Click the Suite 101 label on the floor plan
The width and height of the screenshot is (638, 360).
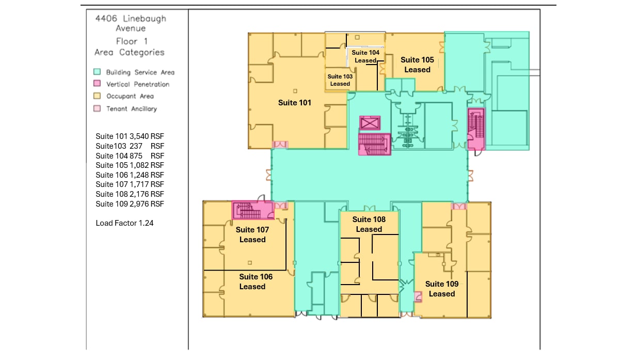click(295, 103)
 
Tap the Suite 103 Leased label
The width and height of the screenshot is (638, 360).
click(340, 80)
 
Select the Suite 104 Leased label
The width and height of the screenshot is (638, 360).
click(365, 56)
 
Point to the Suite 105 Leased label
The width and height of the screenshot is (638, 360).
click(417, 65)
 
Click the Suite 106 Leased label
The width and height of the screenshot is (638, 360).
click(256, 281)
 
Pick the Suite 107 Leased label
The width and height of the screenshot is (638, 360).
click(252, 234)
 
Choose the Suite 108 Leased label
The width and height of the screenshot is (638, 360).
click(369, 224)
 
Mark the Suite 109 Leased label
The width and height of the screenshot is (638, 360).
click(441, 289)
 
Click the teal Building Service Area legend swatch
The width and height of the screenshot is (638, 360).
click(97, 72)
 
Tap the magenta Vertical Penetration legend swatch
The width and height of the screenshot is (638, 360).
click(97, 84)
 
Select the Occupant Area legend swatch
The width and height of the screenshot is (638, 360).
click(97, 96)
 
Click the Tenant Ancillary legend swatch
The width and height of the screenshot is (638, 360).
click(97, 108)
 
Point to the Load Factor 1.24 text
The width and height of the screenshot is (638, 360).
click(124, 223)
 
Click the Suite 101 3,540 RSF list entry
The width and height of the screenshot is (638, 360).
click(130, 136)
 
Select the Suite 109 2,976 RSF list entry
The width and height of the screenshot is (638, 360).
click(130, 204)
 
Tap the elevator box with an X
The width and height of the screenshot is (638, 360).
click(370, 123)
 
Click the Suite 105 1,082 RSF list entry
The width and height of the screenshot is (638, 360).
click(130, 165)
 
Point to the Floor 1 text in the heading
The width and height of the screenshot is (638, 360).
click(127, 41)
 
